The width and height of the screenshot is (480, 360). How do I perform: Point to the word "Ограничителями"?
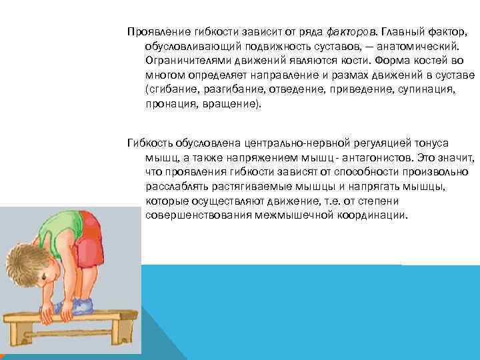185,61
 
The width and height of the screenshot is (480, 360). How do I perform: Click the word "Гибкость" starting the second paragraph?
149,143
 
